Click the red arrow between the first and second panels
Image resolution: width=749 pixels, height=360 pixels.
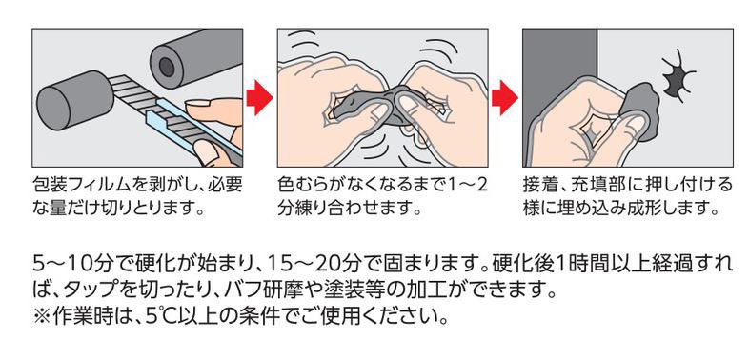259,98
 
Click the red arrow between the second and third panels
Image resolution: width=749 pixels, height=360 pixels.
505,98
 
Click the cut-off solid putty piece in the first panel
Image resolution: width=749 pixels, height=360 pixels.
73,101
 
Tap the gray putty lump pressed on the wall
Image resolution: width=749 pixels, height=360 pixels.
641,110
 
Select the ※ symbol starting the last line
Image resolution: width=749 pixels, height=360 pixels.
41,315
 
